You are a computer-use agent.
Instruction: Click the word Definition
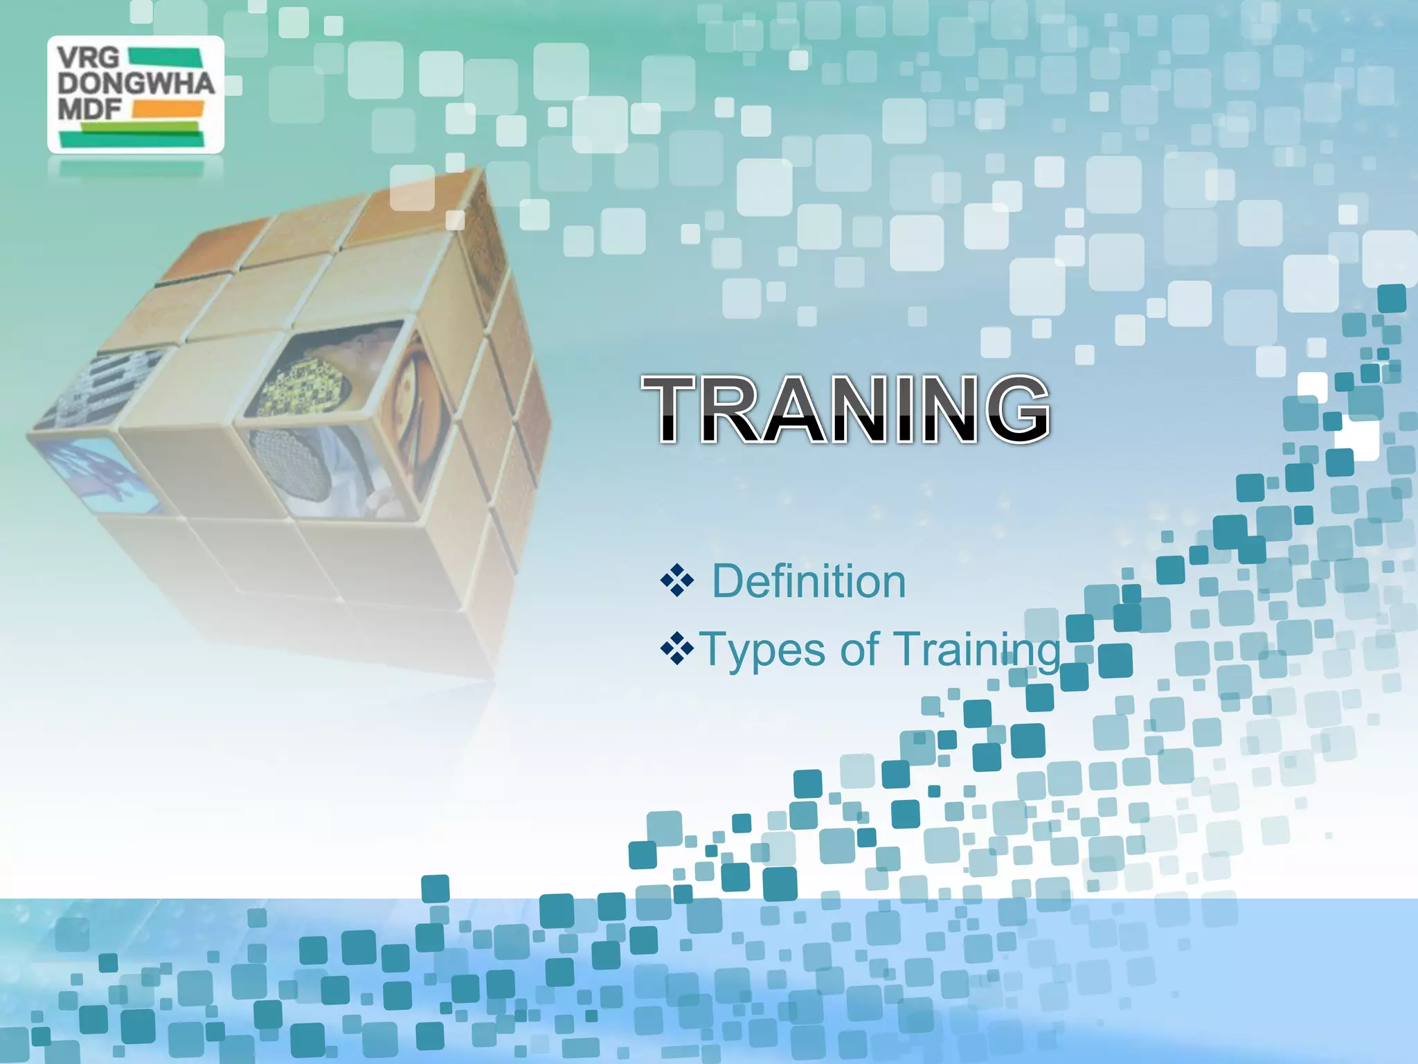(809, 581)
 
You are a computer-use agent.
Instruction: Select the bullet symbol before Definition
(676, 581)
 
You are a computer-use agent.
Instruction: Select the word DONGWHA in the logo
(136, 84)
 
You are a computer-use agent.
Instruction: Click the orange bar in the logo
(168, 109)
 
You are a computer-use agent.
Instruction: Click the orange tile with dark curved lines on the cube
(415, 395)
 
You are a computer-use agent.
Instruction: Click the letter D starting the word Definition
(727, 581)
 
